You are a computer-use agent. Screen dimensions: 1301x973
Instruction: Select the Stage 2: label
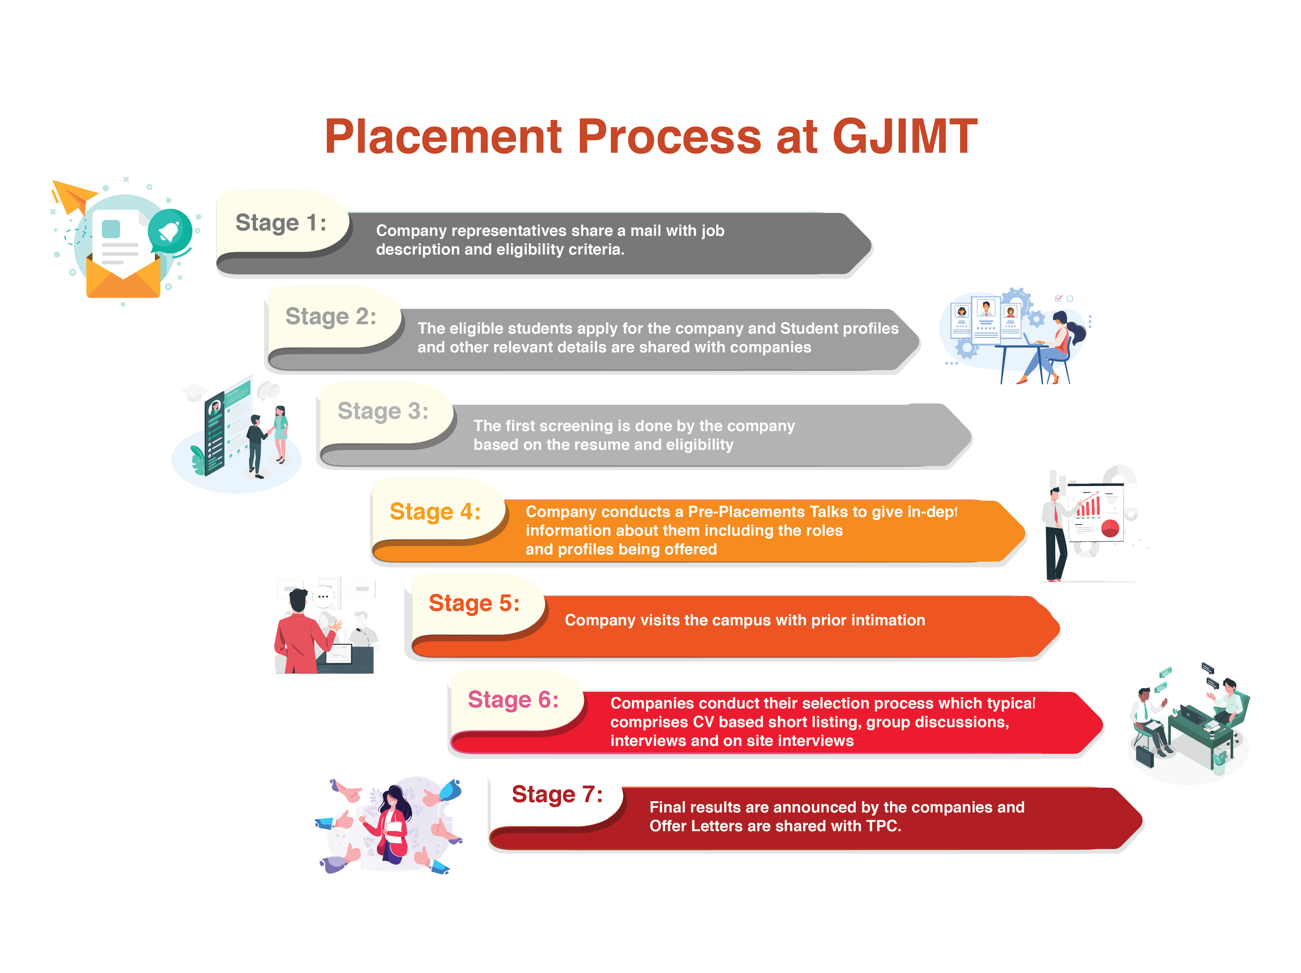coord(330,316)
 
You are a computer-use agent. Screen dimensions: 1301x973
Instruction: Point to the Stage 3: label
coord(383,411)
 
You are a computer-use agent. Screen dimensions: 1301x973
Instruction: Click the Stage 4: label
coord(435,511)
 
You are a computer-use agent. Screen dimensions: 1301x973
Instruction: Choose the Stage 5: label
coord(474,603)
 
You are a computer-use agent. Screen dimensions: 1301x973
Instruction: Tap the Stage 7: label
coord(557,794)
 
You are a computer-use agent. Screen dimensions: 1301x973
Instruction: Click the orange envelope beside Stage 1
coord(123,276)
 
